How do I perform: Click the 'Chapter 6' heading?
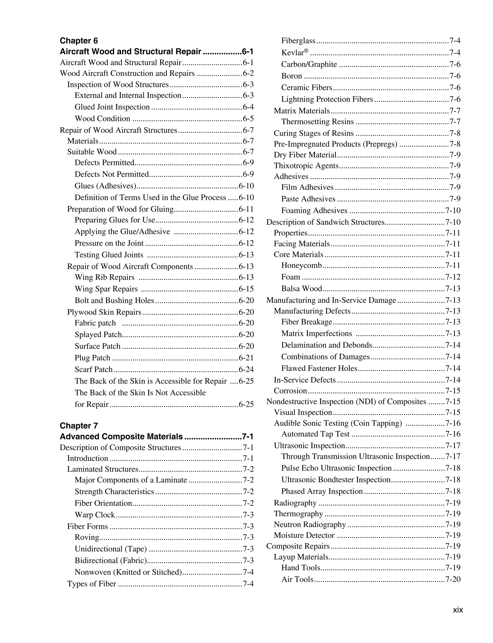point(79,40)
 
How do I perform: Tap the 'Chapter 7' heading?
point(79,425)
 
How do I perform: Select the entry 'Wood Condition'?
point(102,119)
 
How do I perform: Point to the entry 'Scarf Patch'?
point(94,369)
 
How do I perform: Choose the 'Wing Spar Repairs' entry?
point(106,289)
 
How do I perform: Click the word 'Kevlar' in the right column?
point(292,53)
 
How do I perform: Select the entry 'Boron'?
point(292,76)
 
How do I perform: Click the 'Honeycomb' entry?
point(301,265)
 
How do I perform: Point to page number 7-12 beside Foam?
point(453,277)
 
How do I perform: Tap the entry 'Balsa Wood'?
point(302,289)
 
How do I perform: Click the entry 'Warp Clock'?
point(95,515)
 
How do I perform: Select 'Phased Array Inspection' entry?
point(322,491)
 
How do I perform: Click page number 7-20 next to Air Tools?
point(453,579)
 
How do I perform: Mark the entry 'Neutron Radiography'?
point(310,524)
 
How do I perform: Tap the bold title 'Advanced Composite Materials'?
point(121,437)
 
